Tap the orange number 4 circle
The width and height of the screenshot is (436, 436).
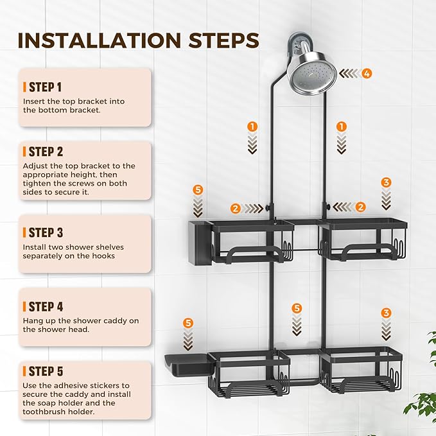(x=367, y=74)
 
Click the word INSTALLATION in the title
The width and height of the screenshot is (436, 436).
(x=100, y=40)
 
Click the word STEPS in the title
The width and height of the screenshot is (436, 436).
(x=224, y=40)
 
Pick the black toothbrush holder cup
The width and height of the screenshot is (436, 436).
(x=200, y=243)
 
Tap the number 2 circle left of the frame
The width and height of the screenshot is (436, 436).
(x=236, y=208)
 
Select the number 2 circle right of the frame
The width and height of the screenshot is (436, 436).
(x=361, y=207)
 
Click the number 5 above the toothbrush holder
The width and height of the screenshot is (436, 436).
(x=198, y=190)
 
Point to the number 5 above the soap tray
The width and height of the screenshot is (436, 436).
(x=188, y=323)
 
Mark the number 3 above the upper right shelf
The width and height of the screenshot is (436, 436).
(x=386, y=183)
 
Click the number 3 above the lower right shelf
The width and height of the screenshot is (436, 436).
(x=386, y=313)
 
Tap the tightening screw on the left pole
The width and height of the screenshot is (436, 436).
(x=268, y=207)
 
